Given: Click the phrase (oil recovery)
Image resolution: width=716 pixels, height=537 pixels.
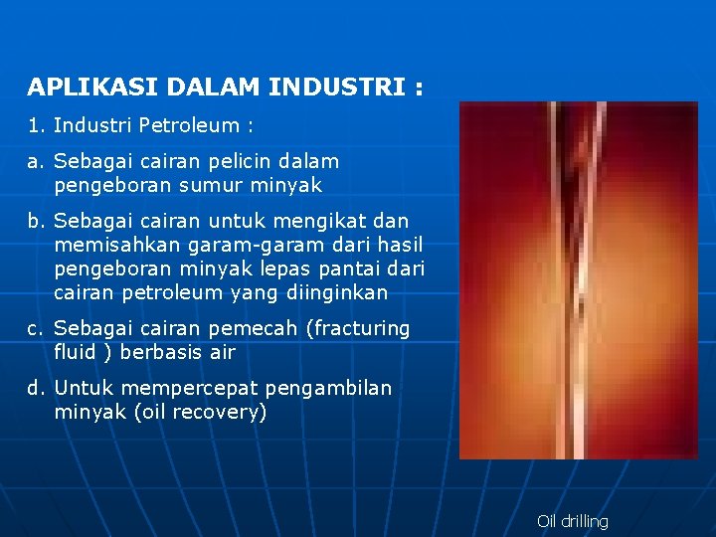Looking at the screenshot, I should point(200,412).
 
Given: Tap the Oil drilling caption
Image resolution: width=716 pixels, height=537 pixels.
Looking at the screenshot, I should point(572,521).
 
